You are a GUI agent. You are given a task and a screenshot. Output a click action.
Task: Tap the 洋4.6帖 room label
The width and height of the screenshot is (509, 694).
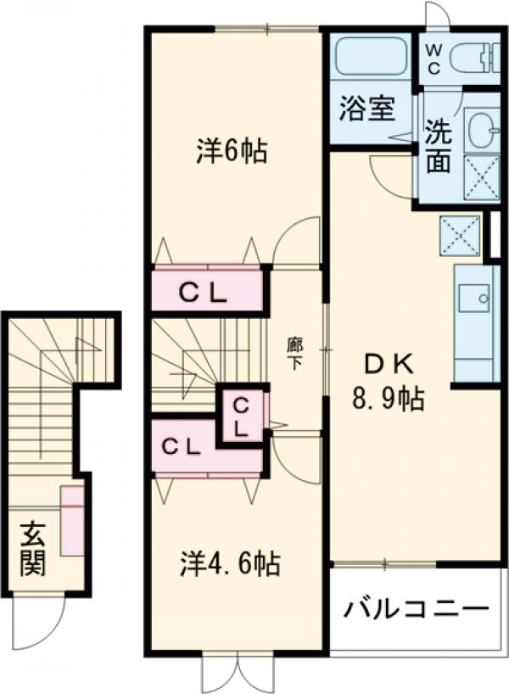[230, 563]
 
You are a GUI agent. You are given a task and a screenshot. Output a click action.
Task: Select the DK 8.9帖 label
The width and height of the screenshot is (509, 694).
[389, 381]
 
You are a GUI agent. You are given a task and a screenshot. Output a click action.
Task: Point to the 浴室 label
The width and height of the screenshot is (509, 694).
[367, 110]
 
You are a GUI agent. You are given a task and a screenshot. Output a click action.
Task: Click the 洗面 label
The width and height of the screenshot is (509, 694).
[438, 147]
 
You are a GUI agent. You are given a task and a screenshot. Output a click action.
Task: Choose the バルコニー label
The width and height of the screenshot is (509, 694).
[417, 609]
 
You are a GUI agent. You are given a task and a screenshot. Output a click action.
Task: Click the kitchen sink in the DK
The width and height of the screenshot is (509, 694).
[473, 299]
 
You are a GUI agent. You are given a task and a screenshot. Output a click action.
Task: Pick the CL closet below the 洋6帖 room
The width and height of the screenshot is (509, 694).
[205, 292]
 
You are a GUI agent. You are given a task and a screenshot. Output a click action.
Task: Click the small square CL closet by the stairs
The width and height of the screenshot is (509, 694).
[241, 416]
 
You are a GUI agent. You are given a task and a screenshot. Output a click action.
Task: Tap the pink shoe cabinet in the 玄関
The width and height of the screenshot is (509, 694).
[71, 521]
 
